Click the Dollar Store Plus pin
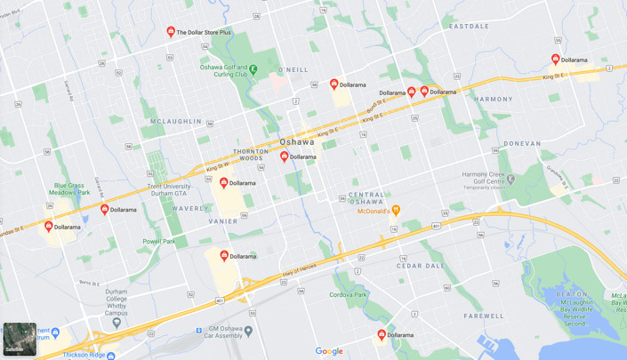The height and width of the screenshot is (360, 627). [x=171, y=31]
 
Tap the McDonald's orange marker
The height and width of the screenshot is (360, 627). [x=396, y=210]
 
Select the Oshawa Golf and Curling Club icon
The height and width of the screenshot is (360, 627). [x=253, y=69]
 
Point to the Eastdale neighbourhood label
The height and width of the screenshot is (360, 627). [x=469, y=26]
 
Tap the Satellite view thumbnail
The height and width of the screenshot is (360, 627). [x=19, y=340]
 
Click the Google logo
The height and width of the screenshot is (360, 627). [x=329, y=351]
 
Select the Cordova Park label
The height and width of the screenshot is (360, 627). [x=349, y=294]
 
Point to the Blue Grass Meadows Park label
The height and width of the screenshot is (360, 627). [x=71, y=188]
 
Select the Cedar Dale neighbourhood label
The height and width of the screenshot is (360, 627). [x=421, y=265]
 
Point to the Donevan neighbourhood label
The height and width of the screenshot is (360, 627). [x=521, y=143]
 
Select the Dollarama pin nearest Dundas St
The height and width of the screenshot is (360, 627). [x=48, y=227]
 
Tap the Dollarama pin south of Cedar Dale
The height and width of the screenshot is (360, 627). [x=382, y=334]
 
